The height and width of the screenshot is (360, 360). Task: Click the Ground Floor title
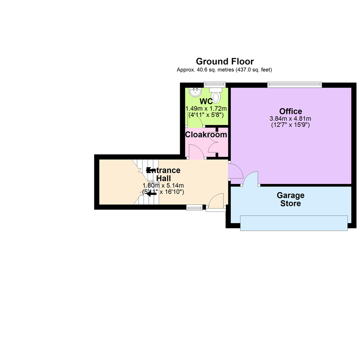(x=225, y=61)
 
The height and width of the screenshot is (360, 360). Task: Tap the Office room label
(x=291, y=111)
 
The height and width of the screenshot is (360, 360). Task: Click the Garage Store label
(x=290, y=199)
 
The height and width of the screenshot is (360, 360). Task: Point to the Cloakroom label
(x=206, y=135)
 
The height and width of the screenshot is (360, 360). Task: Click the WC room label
(x=206, y=101)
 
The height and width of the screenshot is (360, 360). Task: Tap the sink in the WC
(x=194, y=92)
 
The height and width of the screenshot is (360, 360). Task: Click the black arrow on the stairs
(x=151, y=193)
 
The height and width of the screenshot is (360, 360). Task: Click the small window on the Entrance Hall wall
(x=194, y=208)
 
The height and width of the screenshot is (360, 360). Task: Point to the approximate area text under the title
(x=225, y=70)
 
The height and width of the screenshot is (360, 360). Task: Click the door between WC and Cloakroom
(x=196, y=121)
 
